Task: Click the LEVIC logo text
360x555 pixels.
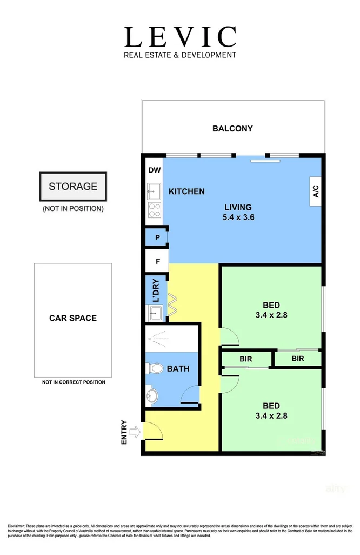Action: pos(180,37)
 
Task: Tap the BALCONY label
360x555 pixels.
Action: pos(232,129)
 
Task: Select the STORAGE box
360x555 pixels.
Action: pos(73,187)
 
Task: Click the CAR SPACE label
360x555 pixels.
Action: pos(73,318)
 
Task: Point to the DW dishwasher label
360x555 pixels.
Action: pos(154,170)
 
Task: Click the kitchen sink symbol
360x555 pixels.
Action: pos(154,191)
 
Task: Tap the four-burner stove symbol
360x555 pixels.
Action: pos(154,210)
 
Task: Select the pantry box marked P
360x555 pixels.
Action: pos(157,237)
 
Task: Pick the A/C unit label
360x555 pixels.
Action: pos(316,191)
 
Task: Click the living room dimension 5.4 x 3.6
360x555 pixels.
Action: pos(238,217)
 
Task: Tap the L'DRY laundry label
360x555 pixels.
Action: pos(156,291)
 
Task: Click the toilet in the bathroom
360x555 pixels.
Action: pos(156,368)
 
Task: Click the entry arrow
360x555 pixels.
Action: pos(135,432)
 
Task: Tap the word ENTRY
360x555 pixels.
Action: pos(125,432)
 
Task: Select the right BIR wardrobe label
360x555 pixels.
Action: pos(297,359)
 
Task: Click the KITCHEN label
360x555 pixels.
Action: pos(186,191)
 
